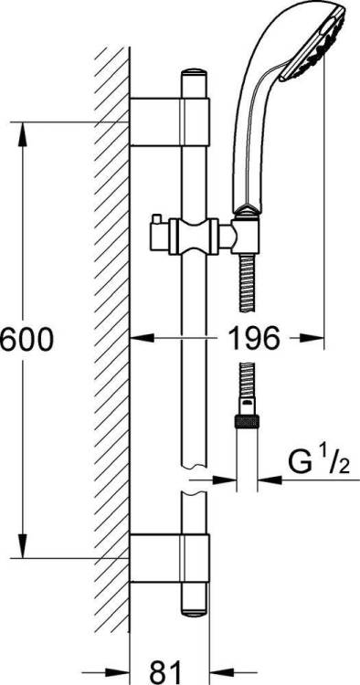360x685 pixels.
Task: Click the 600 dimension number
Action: (x=26, y=340)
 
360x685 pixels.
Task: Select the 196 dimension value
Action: (x=254, y=337)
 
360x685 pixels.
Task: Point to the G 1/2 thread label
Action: (x=320, y=464)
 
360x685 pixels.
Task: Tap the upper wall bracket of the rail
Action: (x=170, y=121)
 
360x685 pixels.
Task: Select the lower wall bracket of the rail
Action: (x=170, y=558)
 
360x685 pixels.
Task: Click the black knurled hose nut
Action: (x=247, y=421)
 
